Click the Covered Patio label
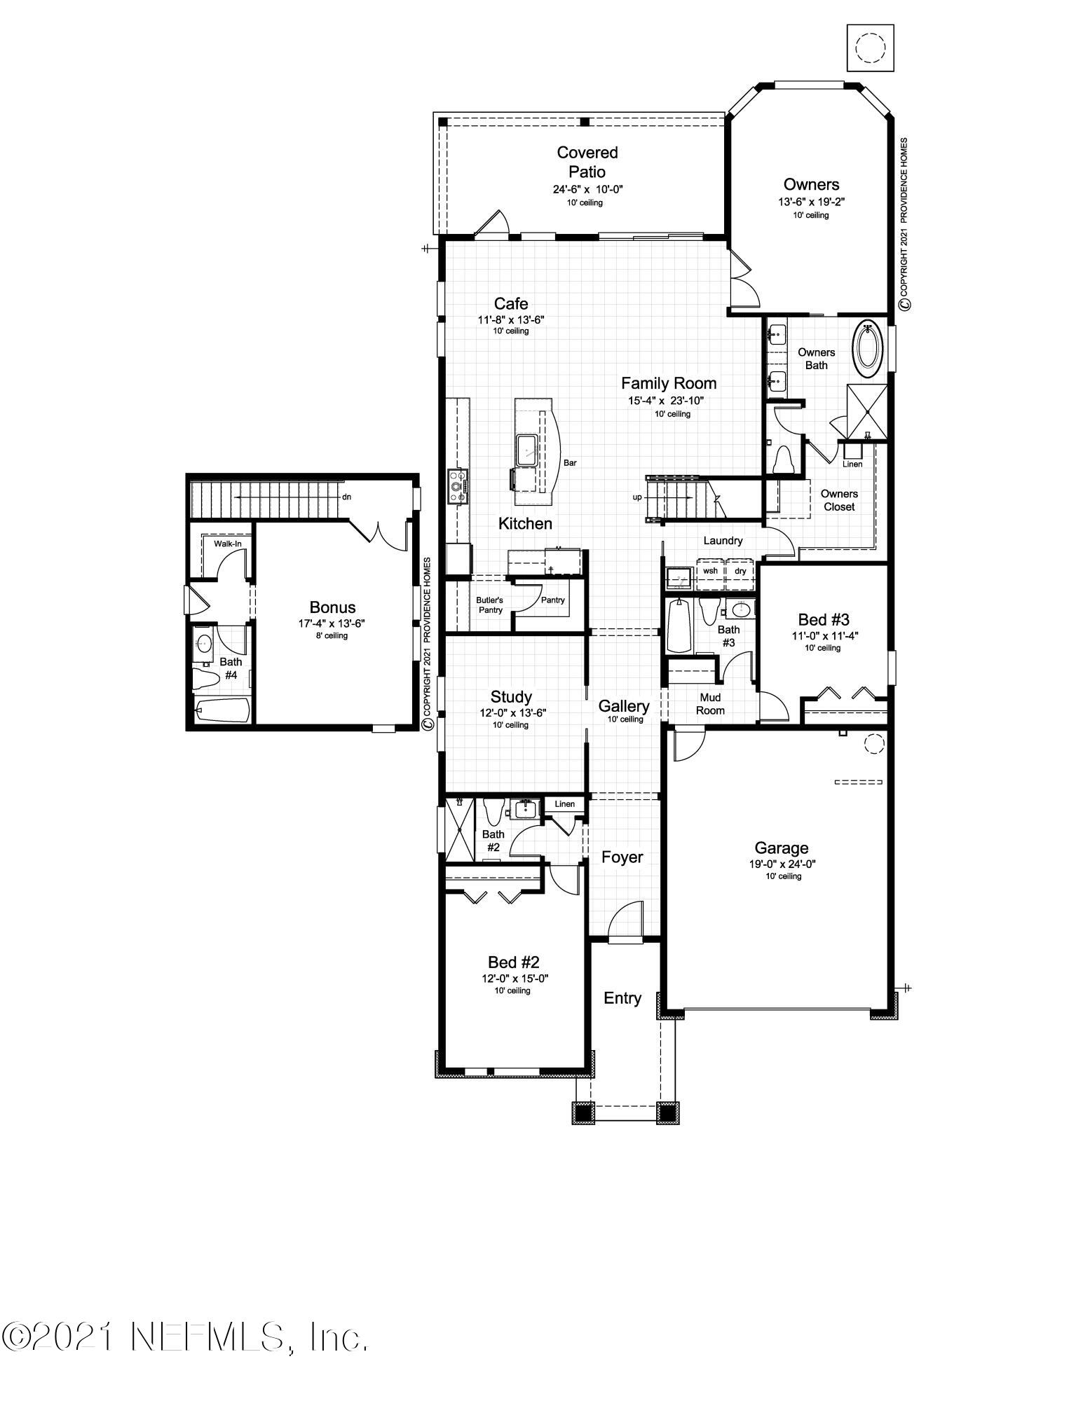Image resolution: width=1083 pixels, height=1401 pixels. click(x=587, y=162)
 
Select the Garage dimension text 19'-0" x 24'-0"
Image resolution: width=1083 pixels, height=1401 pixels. click(x=782, y=864)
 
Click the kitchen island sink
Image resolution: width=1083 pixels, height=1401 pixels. click(x=526, y=448)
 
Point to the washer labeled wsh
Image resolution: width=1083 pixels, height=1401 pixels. click(x=710, y=571)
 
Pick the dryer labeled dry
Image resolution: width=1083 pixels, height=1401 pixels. click(x=740, y=571)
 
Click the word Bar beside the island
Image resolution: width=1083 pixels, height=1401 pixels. click(x=570, y=463)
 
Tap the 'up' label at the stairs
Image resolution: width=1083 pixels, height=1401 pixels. click(x=636, y=497)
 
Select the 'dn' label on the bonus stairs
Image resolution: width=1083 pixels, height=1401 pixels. click(x=346, y=497)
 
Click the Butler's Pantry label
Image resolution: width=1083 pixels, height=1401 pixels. click(x=490, y=605)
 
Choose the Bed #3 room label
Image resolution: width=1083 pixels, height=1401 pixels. click(x=824, y=619)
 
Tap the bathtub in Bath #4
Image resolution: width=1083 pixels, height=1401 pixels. click(x=223, y=711)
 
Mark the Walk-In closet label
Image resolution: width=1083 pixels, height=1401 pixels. click(x=228, y=544)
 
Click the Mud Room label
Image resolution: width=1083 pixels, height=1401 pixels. click(x=710, y=704)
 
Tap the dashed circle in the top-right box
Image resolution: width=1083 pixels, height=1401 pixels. click(x=871, y=47)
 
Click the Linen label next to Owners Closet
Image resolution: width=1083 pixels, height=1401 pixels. click(x=852, y=464)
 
